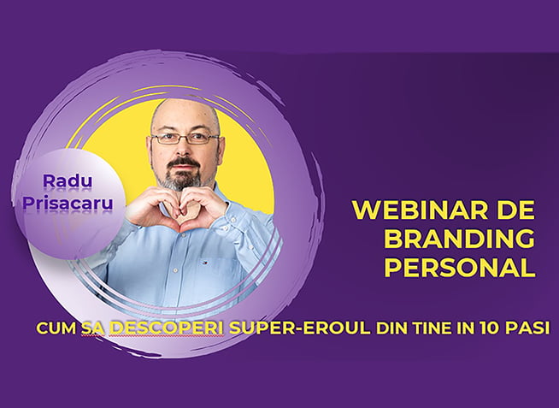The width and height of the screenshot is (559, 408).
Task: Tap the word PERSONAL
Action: pos(460,268)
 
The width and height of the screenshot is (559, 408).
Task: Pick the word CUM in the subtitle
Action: pos(56,328)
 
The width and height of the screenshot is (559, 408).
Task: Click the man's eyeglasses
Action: pos(185,138)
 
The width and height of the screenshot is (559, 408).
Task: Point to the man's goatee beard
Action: pos(184,174)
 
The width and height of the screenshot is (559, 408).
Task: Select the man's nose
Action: pos(185,147)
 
